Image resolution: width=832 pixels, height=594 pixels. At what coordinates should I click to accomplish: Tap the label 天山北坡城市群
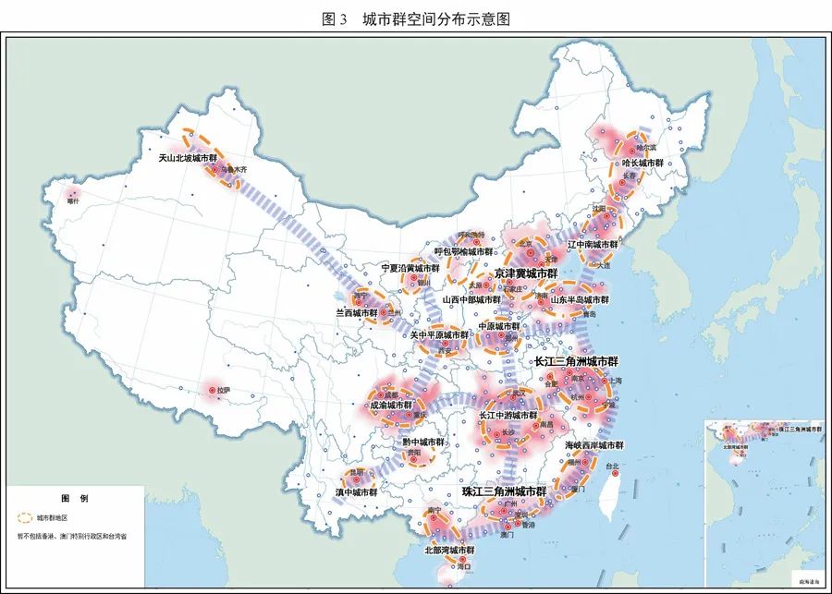194,158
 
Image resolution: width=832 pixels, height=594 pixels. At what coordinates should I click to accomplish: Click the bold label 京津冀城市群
525,273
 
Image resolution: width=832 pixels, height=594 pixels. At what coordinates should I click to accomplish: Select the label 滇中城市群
357,492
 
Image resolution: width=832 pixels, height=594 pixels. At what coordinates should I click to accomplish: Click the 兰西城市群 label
356,313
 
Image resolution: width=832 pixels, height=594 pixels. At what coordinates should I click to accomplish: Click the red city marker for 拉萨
212,392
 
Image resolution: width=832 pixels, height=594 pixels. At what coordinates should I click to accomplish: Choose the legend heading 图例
75,498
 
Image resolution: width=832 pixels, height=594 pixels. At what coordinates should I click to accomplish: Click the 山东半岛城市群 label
580,299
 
